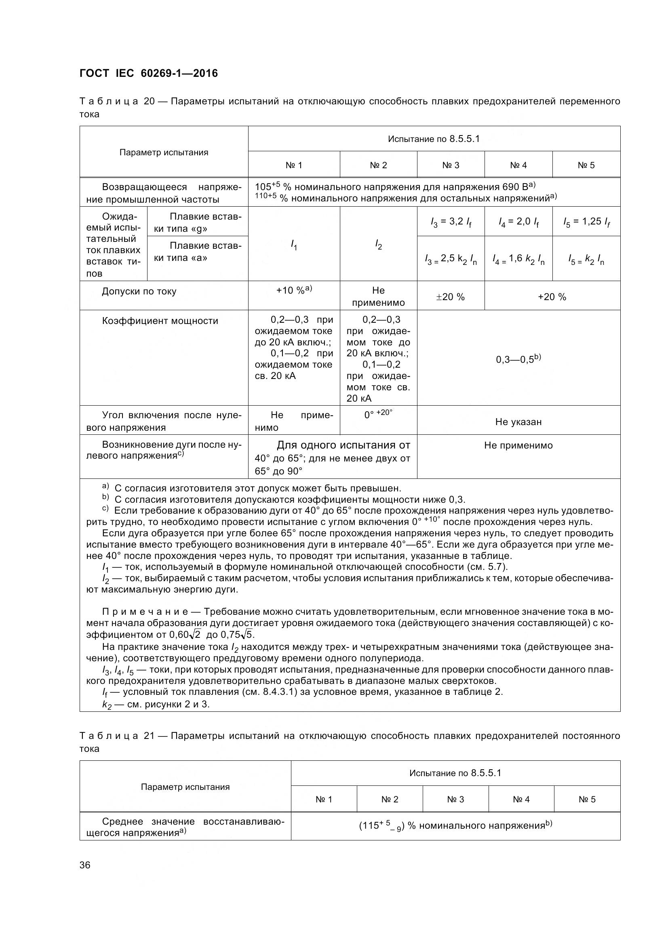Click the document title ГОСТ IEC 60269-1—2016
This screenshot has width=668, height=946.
point(149,73)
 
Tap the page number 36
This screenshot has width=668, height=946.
point(85,865)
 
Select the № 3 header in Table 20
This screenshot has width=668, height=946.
point(451,165)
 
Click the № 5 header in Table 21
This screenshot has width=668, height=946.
point(587,799)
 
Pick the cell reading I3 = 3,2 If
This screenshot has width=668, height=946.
point(451,222)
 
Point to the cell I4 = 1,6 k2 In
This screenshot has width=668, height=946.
point(518,259)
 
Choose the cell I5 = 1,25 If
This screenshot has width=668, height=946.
point(586,222)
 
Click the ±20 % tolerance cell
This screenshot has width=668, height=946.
point(451,296)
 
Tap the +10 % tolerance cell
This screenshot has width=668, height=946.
point(294,290)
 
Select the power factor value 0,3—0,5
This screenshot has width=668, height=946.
point(518,359)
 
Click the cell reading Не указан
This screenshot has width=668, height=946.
point(518,422)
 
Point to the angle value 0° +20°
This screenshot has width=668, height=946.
point(378,414)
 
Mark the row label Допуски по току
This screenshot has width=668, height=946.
point(139,292)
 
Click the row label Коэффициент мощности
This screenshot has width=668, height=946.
point(160,321)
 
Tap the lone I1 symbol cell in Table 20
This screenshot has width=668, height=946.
point(294,245)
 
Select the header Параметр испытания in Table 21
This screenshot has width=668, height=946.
point(185,787)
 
